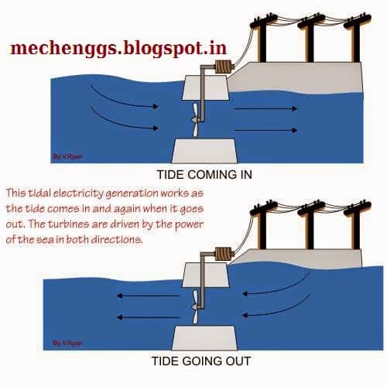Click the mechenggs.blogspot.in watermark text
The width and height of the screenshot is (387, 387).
(118, 49)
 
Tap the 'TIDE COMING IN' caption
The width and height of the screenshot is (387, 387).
(204, 175)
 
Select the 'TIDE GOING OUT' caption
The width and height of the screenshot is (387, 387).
(201, 361)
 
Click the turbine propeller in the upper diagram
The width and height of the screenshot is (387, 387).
(195, 120)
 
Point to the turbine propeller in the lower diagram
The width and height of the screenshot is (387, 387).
(195, 307)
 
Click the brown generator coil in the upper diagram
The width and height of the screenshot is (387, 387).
(224, 67)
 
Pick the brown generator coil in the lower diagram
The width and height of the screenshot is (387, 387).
(224, 253)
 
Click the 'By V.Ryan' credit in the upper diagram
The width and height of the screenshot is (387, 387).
(67, 156)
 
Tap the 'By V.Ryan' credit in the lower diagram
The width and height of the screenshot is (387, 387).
(67, 343)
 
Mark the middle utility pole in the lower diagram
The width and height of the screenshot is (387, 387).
(310, 225)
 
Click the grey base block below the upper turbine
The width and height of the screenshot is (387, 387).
(204, 151)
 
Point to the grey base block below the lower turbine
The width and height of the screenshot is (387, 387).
(204, 337)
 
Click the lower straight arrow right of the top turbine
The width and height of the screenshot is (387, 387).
(265, 131)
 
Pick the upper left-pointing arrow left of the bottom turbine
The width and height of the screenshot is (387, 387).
(148, 296)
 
